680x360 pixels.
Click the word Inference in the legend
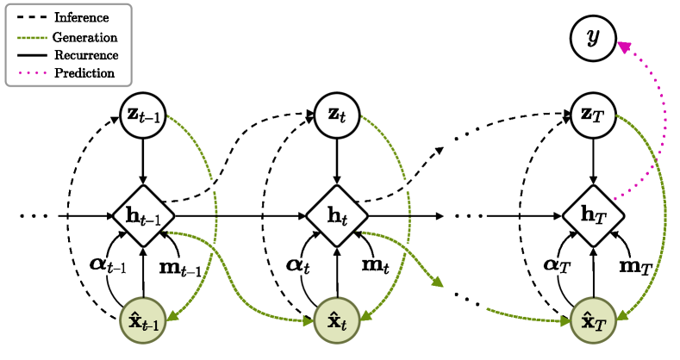click(80, 18)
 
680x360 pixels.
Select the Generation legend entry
click(84, 37)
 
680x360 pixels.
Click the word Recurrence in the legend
click(85, 55)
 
